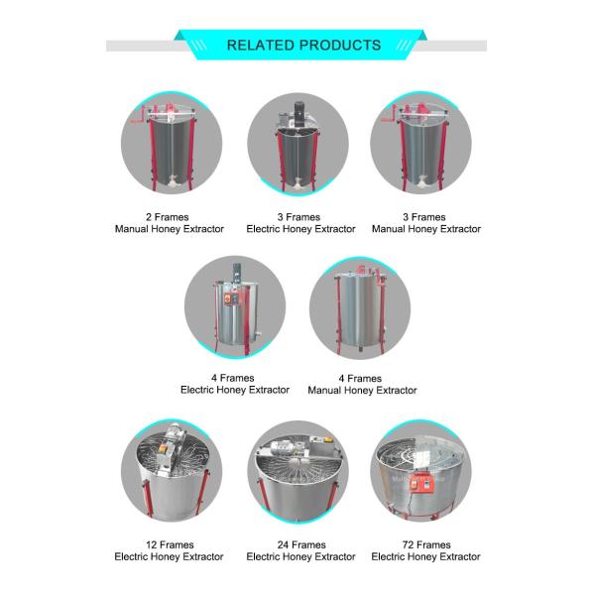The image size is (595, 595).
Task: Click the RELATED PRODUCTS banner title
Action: point(303,46)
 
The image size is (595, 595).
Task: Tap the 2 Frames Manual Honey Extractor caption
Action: point(170,223)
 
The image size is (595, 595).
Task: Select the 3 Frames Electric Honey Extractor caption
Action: point(300,223)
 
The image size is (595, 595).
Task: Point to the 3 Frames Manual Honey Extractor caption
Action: point(426,223)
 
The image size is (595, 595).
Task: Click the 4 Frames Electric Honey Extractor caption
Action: point(234,384)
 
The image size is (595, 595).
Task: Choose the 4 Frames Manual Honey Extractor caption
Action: point(362,385)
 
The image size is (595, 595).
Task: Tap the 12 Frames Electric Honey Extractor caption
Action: point(169,551)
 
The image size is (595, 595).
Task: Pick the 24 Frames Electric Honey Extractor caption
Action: point(300,551)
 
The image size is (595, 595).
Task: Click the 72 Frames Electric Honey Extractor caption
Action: point(425,551)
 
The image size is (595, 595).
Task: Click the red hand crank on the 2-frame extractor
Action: point(139,115)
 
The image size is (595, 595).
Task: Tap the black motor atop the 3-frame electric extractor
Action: point(299,113)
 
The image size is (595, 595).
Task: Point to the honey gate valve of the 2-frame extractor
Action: point(172,182)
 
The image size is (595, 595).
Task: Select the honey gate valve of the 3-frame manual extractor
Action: point(422,181)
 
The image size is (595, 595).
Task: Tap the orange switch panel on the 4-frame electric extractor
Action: point(228,299)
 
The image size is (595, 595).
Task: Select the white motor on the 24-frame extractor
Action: point(283,449)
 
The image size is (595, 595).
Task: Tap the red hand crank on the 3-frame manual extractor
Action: point(390,114)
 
